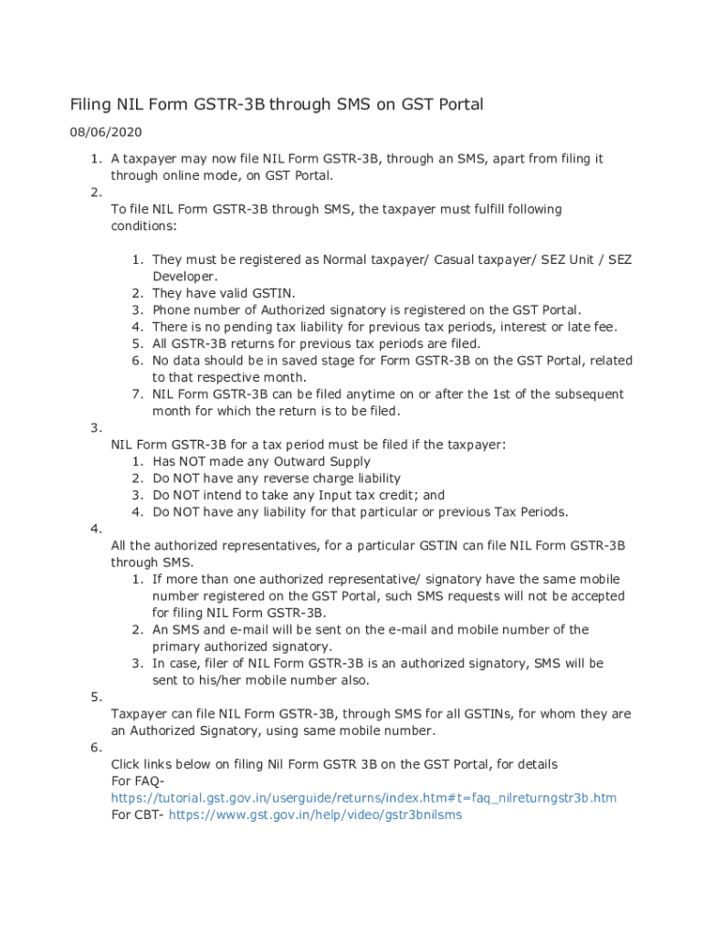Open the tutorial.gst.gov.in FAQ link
pos(363,798)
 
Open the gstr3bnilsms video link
pos(315,814)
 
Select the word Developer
pos(184,277)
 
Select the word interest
pos(505,327)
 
